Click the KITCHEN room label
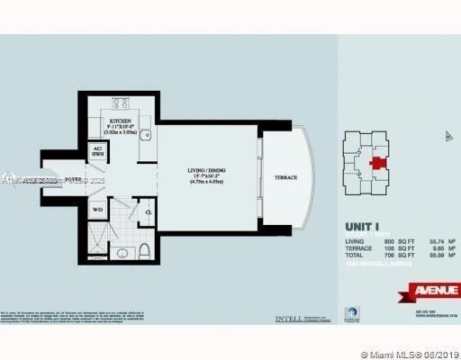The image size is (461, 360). coord(121,120)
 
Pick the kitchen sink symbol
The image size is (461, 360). coord(145,137)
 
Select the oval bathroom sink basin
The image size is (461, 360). coord(149,213)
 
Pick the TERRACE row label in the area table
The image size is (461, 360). coord(359,249)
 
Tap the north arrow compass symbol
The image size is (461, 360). coord(447,136)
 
